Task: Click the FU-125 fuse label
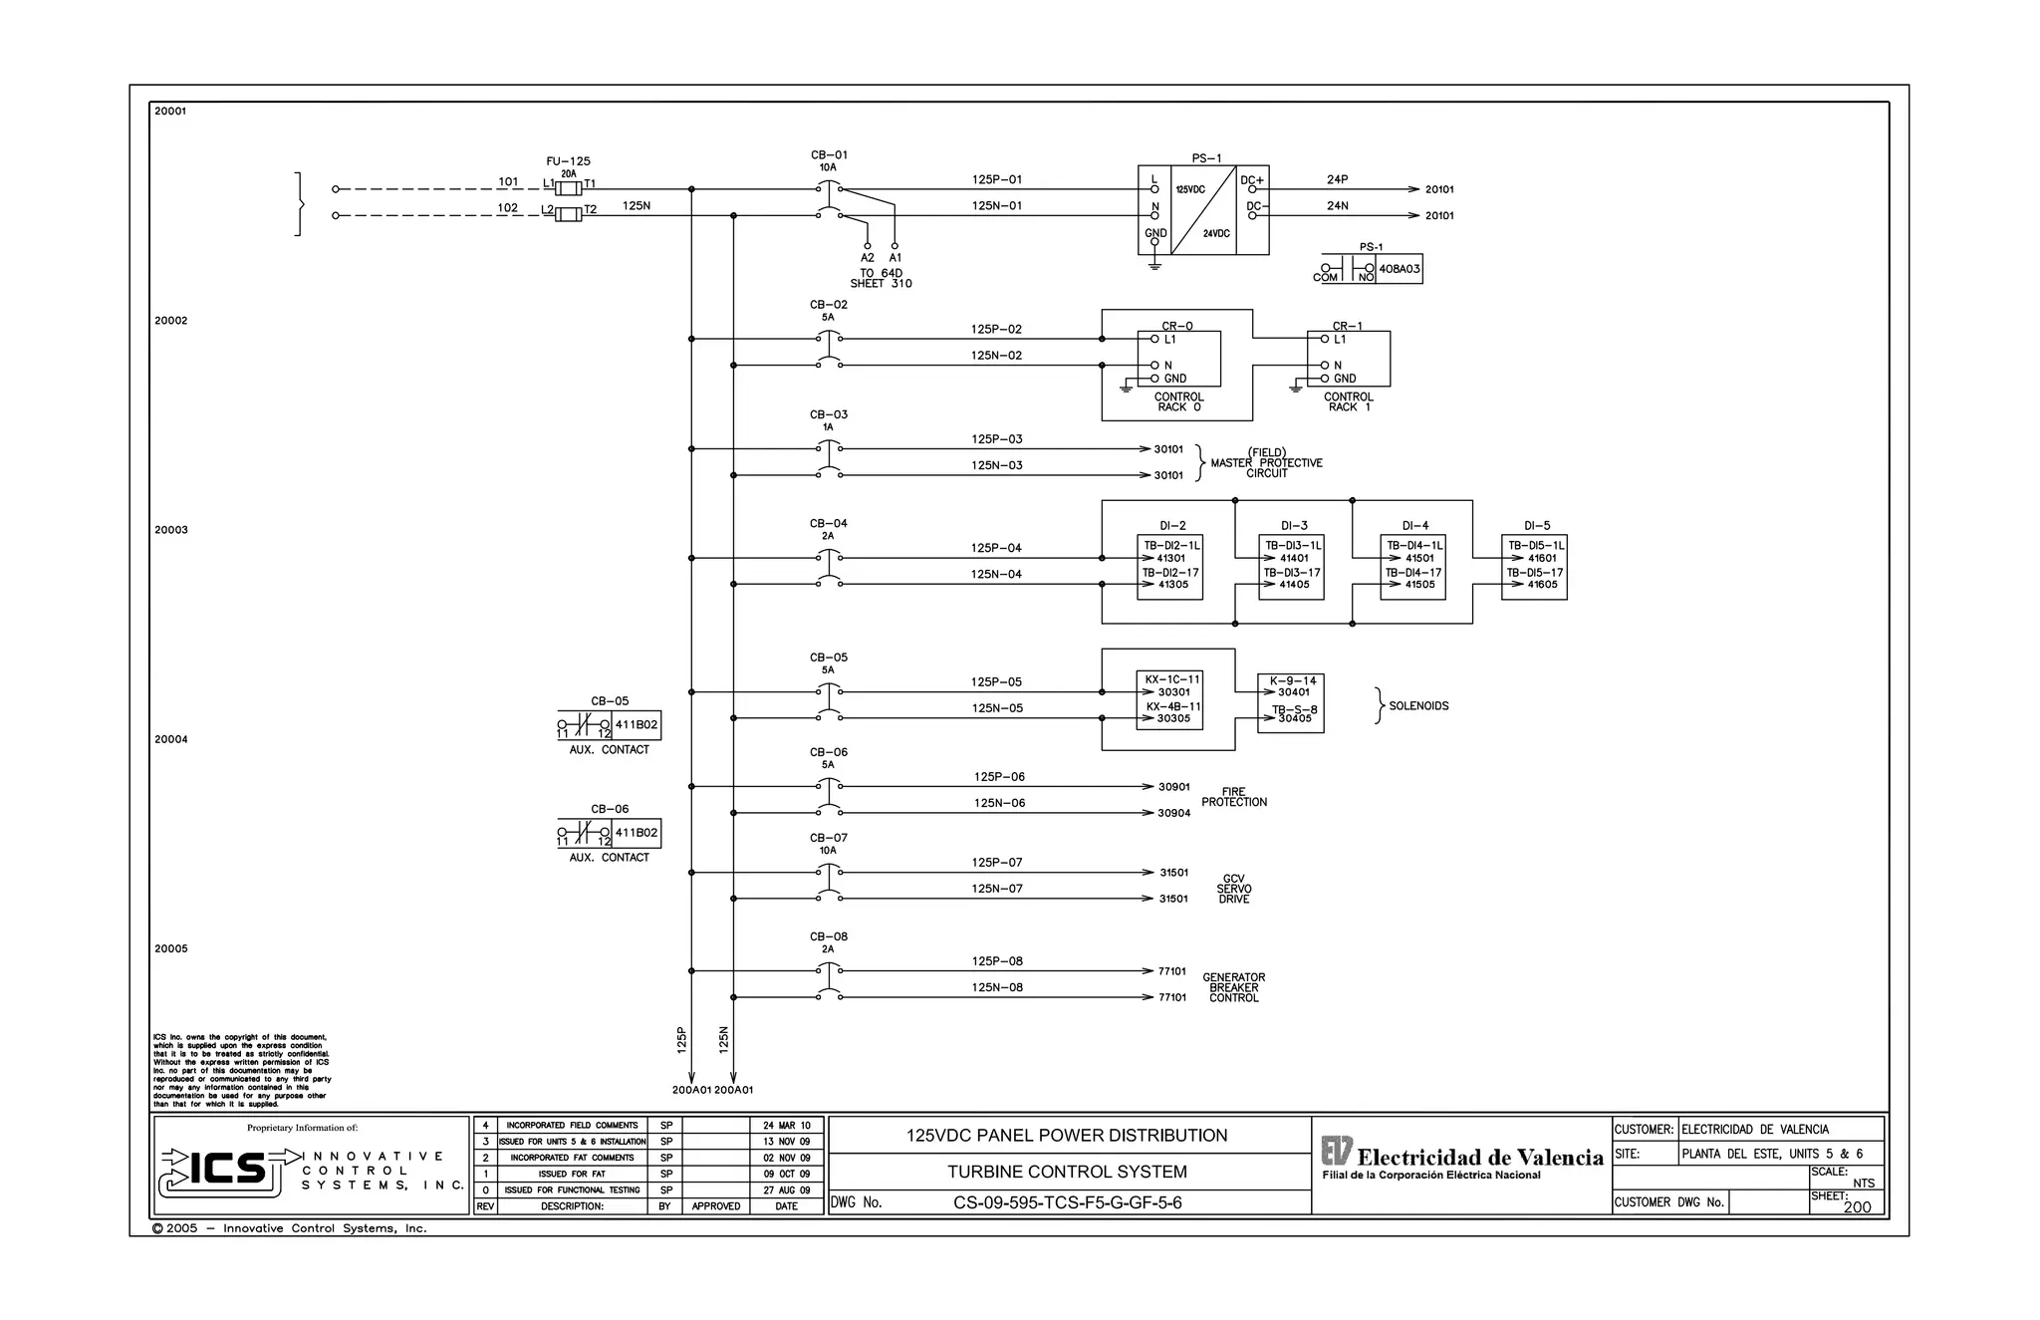(568, 161)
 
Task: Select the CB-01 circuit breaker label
(829, 155)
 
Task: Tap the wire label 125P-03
(996, 439)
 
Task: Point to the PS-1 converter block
(1203, 210)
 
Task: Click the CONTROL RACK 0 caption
(1179, 402)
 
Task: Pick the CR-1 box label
(1347, 326)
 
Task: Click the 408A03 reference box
(1400, 269)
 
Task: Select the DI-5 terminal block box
(1534, 567)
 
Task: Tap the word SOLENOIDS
(1418, 706)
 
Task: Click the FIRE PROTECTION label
(1233, 797)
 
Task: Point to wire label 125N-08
(997, 988)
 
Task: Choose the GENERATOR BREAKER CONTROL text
(1233, 988)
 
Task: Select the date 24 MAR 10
(786, 1126)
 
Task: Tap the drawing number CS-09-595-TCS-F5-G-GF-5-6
(1067, 1202)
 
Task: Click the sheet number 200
(1856, 1207)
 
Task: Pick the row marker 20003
(170, 530)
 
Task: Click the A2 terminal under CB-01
(867, 257)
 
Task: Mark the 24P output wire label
(1337, 180)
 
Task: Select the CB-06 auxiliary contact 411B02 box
(636, 833)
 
